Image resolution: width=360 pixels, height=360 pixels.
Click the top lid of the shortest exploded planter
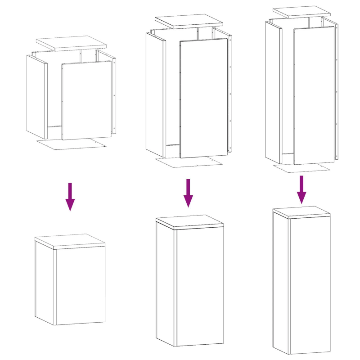[x=72, y=43]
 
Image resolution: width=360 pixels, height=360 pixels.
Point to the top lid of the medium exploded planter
[x=189, y=21]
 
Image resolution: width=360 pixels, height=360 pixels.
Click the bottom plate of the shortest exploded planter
[x=72, y=144]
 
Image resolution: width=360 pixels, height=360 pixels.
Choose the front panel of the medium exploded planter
[x=203, y=98]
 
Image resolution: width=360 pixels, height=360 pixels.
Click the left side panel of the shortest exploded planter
[x=36, y=97]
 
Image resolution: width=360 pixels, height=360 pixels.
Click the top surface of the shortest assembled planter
[x=70, y=241]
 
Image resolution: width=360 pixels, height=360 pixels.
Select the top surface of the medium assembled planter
[x=189, y=221]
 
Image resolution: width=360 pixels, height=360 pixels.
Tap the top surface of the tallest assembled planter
[x=301, y=211]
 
